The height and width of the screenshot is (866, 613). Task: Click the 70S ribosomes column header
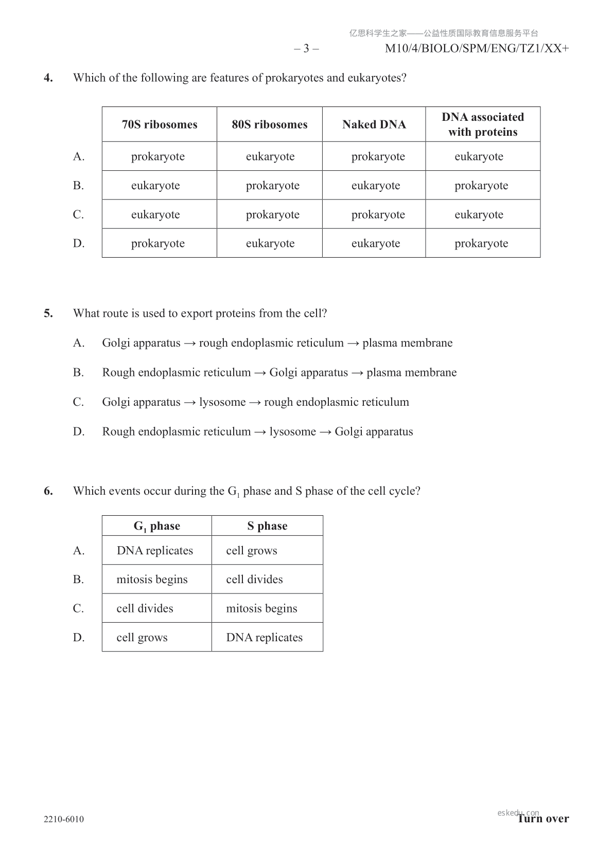[x=160, y=124]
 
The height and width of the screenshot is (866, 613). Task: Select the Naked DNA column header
[x=374, y=124]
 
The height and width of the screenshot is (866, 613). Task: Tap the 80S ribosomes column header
[x=269, y=124]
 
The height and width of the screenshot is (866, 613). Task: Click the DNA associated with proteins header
[x=482, y=124]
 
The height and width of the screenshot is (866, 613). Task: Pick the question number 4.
[x=48, y=78]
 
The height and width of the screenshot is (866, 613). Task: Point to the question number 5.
[x=48, y=313]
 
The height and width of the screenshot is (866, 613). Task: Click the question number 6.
[x=48, y=491]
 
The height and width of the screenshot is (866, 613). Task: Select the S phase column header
[x=267, y=526]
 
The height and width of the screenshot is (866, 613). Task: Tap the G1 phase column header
[x=156, y=526]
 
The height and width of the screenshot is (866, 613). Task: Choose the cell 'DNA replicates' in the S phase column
[x=264, y=637]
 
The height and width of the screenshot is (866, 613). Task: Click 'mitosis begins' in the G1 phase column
[x=152, y=579]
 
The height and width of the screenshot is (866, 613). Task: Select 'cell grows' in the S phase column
[x=251, y=550]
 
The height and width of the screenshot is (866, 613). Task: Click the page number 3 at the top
[x=306, y=48]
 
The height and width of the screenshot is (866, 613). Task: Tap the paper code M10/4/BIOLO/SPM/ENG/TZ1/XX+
[x=477, y=48]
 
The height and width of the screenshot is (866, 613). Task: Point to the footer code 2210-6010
[x=64, y=819]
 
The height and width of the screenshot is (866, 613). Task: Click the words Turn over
[x=544, y=819]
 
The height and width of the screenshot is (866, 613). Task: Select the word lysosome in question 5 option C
[x=222, y=402]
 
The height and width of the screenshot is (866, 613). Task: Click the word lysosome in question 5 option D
[x=292, y=431]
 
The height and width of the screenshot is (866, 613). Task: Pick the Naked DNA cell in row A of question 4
[x=378, y=156]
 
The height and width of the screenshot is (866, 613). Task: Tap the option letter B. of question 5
[x=78, y=372]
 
